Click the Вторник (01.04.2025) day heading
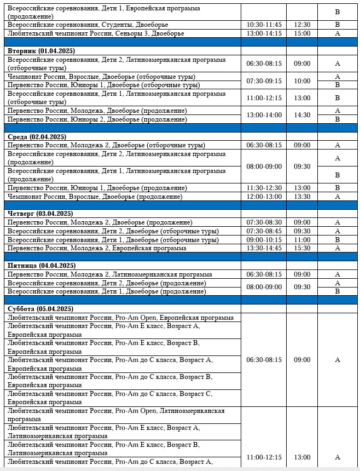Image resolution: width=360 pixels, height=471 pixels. pos(41,50)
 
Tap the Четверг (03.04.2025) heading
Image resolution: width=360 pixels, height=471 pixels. pos(40,214)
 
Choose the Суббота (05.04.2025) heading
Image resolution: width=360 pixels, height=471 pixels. pos(39,308)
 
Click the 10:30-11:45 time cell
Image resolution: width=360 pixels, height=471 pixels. pos(264,25)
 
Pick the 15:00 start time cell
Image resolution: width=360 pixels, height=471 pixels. pos(302,33)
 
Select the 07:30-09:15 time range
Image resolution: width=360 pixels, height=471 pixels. pos(264,81)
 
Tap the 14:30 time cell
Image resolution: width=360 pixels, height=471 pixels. pos(302,115)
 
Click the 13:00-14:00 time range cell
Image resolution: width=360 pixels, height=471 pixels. pos(264,115)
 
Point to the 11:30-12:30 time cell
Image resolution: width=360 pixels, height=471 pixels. pos(264,188)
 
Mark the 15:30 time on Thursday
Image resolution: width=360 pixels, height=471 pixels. pos(302,248)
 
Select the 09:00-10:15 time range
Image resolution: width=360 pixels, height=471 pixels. pos(264,240)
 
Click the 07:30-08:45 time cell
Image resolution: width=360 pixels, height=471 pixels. pos(264,231)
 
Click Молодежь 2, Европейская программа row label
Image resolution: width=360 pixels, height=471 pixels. pos(97,248)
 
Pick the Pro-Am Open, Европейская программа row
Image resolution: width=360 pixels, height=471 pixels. pos(120,318)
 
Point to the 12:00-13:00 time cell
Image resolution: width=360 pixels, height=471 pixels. pos(264,197)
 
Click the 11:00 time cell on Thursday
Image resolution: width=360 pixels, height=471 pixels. pos(302,240)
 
